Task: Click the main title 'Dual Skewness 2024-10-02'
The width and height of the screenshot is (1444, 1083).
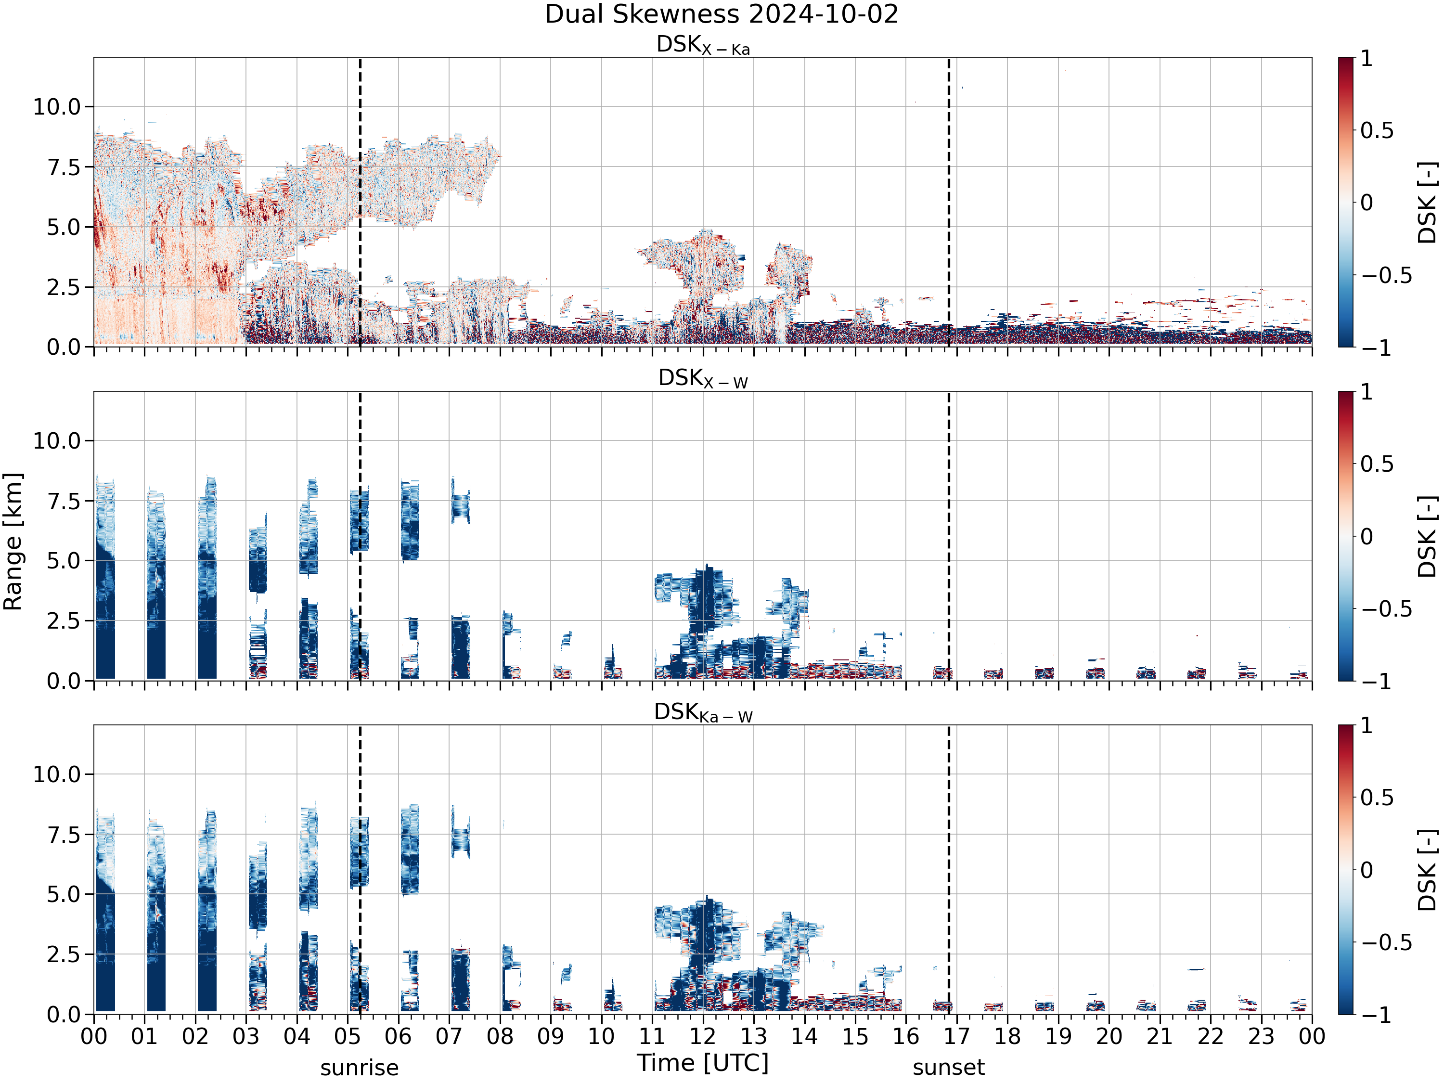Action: (x=722, y=13)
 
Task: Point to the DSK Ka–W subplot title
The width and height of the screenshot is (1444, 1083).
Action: (x=703, y=712)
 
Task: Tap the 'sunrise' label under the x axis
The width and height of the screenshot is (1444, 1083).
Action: (x=359, y=1068)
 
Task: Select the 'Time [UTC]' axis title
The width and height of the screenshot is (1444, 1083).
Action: (x=703, y=1063)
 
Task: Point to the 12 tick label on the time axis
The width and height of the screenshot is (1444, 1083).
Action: (x=703, y=1037)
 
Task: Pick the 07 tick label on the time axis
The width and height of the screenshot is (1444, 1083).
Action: (x=449, y=1037)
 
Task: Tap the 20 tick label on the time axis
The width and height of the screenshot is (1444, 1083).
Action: (x=1109, y=1037)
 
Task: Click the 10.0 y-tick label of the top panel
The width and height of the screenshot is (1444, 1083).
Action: (x=57, y=106)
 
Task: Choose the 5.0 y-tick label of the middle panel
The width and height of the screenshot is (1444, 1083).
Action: (x=64, y=561)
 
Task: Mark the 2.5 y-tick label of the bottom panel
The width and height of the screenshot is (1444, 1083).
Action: (x=64, y=954)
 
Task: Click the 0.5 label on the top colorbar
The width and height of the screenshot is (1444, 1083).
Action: (x=1377, y=130)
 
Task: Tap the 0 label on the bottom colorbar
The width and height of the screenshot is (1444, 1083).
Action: (x=1367, y=870)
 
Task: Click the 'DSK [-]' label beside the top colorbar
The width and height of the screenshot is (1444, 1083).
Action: (x=1428, y=202)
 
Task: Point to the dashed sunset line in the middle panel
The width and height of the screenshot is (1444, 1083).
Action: (x=949, y=536)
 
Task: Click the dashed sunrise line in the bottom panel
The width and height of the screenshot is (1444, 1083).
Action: (x=360, y=870)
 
